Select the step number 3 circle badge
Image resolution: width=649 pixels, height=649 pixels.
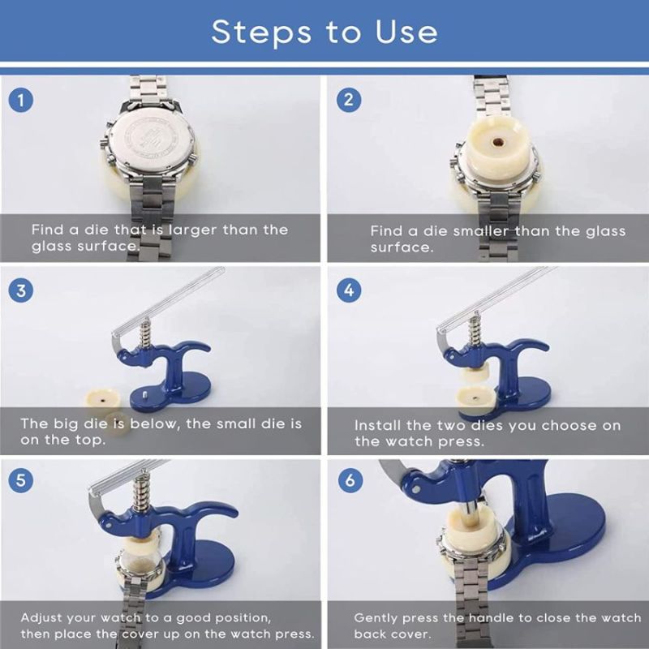(21, 290)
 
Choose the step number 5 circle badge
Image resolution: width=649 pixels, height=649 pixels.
(21, 479)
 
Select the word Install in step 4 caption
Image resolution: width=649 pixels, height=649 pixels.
(379, 425)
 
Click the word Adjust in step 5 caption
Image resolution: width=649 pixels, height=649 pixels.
(45, 617)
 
